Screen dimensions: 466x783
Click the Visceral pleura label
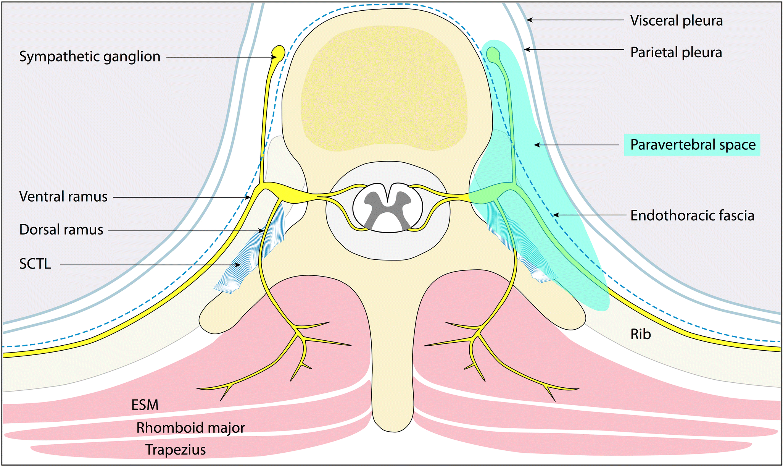click(x=676, y=21)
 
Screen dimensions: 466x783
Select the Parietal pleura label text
click(x=676, y=52)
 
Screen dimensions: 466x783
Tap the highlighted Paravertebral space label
click(x=692, y=145)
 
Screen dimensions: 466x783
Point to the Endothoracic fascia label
click(x=692, y=215)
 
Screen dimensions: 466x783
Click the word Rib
click(x=641, y=334)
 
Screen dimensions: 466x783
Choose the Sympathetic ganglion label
click(x=90, y=57)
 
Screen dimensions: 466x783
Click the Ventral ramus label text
click(x=63, y=197)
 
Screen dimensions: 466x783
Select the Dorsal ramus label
click(x=61, y=230)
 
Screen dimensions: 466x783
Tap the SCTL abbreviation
click(x=35, y=264)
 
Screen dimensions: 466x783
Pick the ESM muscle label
click(x=145, y=405)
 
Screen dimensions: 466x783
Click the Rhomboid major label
click(x=190, y=428)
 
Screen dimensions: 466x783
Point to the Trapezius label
click(x=175, y=450)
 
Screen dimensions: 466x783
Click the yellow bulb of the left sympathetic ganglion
click(x=278, y=51)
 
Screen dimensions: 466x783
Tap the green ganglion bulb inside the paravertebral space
click(x=493, y=53)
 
